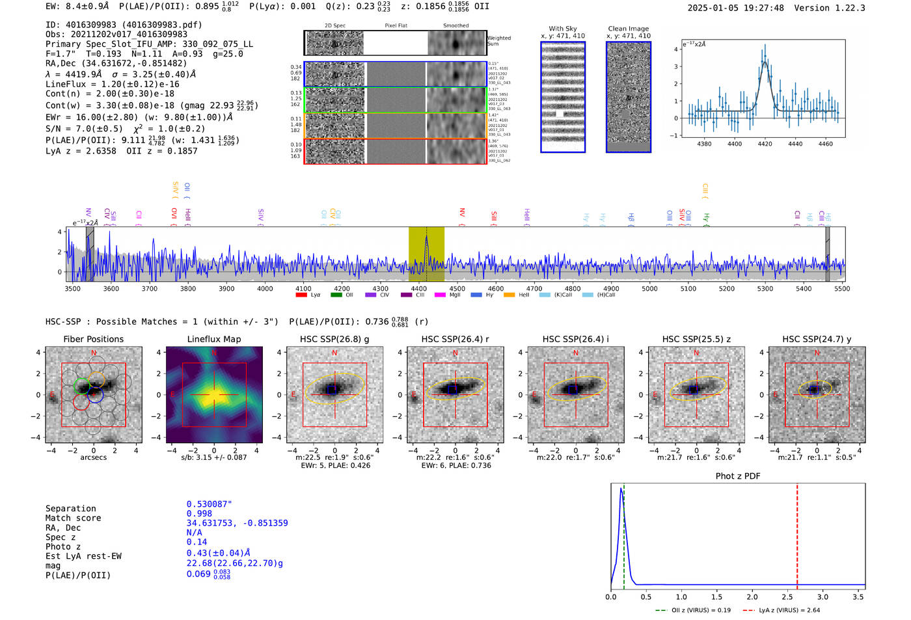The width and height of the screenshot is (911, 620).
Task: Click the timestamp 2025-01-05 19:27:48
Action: (735, 8)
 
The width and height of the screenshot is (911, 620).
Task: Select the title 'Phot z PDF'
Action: (738, 476)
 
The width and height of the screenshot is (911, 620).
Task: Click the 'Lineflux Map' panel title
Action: (214, 339)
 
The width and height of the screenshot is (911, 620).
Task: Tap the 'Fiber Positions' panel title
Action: (93, 339)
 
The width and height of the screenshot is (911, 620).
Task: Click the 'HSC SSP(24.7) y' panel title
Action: (817, 339)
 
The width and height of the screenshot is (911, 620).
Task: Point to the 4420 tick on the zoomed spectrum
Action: (765, 144)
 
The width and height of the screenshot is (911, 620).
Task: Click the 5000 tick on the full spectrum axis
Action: (649, 288)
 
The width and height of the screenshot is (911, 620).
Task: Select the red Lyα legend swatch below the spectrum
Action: (301, 295)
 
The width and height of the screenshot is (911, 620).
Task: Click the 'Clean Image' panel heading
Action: (628, 29)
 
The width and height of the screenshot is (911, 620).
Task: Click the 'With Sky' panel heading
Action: (563, 29)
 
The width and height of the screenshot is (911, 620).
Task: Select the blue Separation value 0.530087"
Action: (209, 504)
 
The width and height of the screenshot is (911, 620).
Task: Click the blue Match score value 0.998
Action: (199, 513)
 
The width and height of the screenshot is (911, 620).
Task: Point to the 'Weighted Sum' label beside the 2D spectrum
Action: (499, 40)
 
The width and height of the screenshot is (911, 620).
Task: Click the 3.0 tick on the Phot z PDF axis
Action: (823, 597)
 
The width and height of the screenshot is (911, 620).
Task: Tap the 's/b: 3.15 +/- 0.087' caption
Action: (214, 457)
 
